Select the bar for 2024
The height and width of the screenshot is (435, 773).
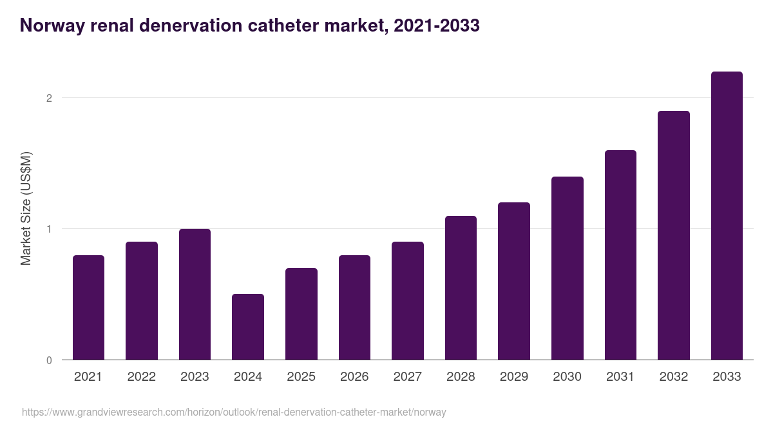pos(248,327)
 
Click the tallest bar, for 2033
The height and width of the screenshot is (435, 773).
pos(727,216)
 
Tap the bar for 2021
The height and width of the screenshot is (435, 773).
pos(88,307)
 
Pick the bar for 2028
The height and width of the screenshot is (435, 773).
pos(461,288)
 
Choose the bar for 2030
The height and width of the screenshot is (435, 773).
pos(567,268)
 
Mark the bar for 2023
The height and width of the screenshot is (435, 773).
pos(195,295)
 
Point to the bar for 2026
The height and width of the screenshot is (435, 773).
pos(354,307)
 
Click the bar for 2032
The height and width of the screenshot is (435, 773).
pos(673,235)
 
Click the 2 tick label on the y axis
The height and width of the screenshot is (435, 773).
pos(48,98)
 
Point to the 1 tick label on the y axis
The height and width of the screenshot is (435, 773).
pos(48,229)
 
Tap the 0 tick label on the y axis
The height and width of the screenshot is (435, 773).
pos(48,360)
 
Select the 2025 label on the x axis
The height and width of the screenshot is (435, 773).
pos(301,377)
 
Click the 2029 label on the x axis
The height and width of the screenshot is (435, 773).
pos(513,377)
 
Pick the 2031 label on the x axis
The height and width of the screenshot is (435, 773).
pos(620,377)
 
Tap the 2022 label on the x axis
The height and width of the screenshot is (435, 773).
pos(141,377)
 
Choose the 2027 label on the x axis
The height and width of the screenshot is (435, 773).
pos(407,377)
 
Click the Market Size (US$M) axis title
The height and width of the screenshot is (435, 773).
pos(26,209)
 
